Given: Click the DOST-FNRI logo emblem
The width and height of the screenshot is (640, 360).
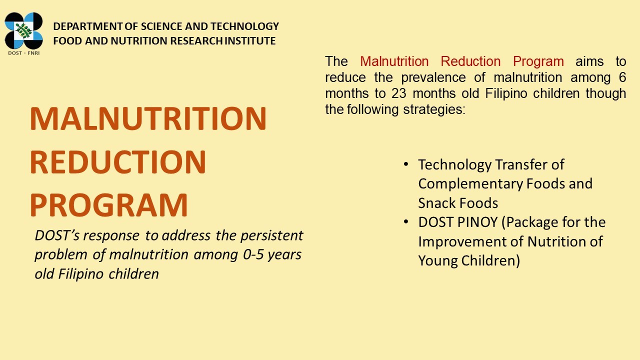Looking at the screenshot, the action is [23, 30].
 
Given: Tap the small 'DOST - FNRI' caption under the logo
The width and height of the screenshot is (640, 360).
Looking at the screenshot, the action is [23, 53].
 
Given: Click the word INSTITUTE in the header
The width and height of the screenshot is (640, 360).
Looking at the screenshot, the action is [250, 41].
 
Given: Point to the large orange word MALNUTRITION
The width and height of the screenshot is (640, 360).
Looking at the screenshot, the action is [148, 118].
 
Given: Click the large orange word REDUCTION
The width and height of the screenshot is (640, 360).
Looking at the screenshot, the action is [118, 162].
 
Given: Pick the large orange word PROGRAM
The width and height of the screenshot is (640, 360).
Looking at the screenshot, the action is [109, 205].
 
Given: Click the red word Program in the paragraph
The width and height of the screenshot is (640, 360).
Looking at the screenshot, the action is [538, 61].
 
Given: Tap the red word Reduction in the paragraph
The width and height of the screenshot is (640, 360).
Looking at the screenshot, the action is [470, 61].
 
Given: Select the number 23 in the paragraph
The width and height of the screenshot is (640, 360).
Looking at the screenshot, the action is [399, 93].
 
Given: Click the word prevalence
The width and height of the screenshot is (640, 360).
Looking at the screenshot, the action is [433, 78].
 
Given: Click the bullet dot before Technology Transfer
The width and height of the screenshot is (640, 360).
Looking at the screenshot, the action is [405, 164].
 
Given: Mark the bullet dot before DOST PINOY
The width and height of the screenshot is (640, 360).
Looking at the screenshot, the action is [405, 222].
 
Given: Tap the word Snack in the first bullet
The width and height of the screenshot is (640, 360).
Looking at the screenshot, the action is [436, 203].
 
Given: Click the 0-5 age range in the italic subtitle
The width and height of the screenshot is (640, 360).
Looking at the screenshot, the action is [253, 254].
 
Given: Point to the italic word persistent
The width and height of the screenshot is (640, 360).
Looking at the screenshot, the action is [271, 235].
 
